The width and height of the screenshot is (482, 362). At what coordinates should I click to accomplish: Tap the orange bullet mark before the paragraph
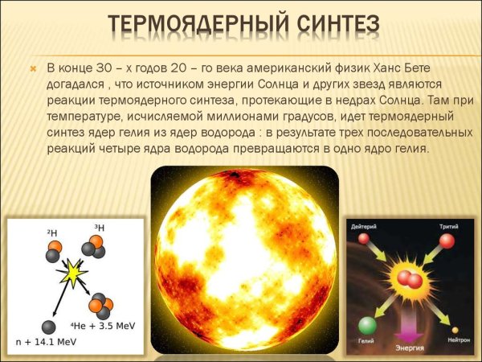[33, 68]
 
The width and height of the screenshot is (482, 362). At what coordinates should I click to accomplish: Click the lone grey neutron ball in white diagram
[49, 326]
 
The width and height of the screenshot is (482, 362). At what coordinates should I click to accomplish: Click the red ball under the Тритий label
[447, 241]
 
